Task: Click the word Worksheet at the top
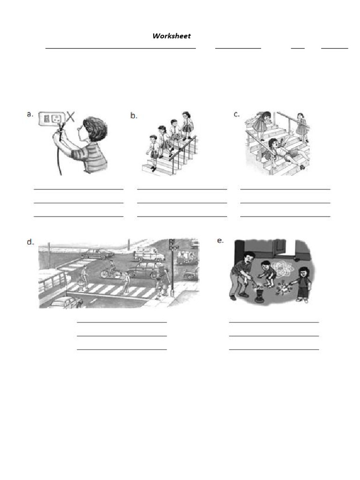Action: [x=172, y=36]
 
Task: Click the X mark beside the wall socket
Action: [x=70, y=116]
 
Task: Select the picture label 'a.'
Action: [x=30, y=114]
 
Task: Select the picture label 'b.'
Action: [x=134, y=115]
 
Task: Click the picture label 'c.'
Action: [x=237, y=114]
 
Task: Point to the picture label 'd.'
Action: [x=31, y=242]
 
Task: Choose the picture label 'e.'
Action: [x=220, y=240]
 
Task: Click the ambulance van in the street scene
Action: [x=149, y=255]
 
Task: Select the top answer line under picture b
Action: [x=182, y=189]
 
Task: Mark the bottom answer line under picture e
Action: [x=274, y=349]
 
